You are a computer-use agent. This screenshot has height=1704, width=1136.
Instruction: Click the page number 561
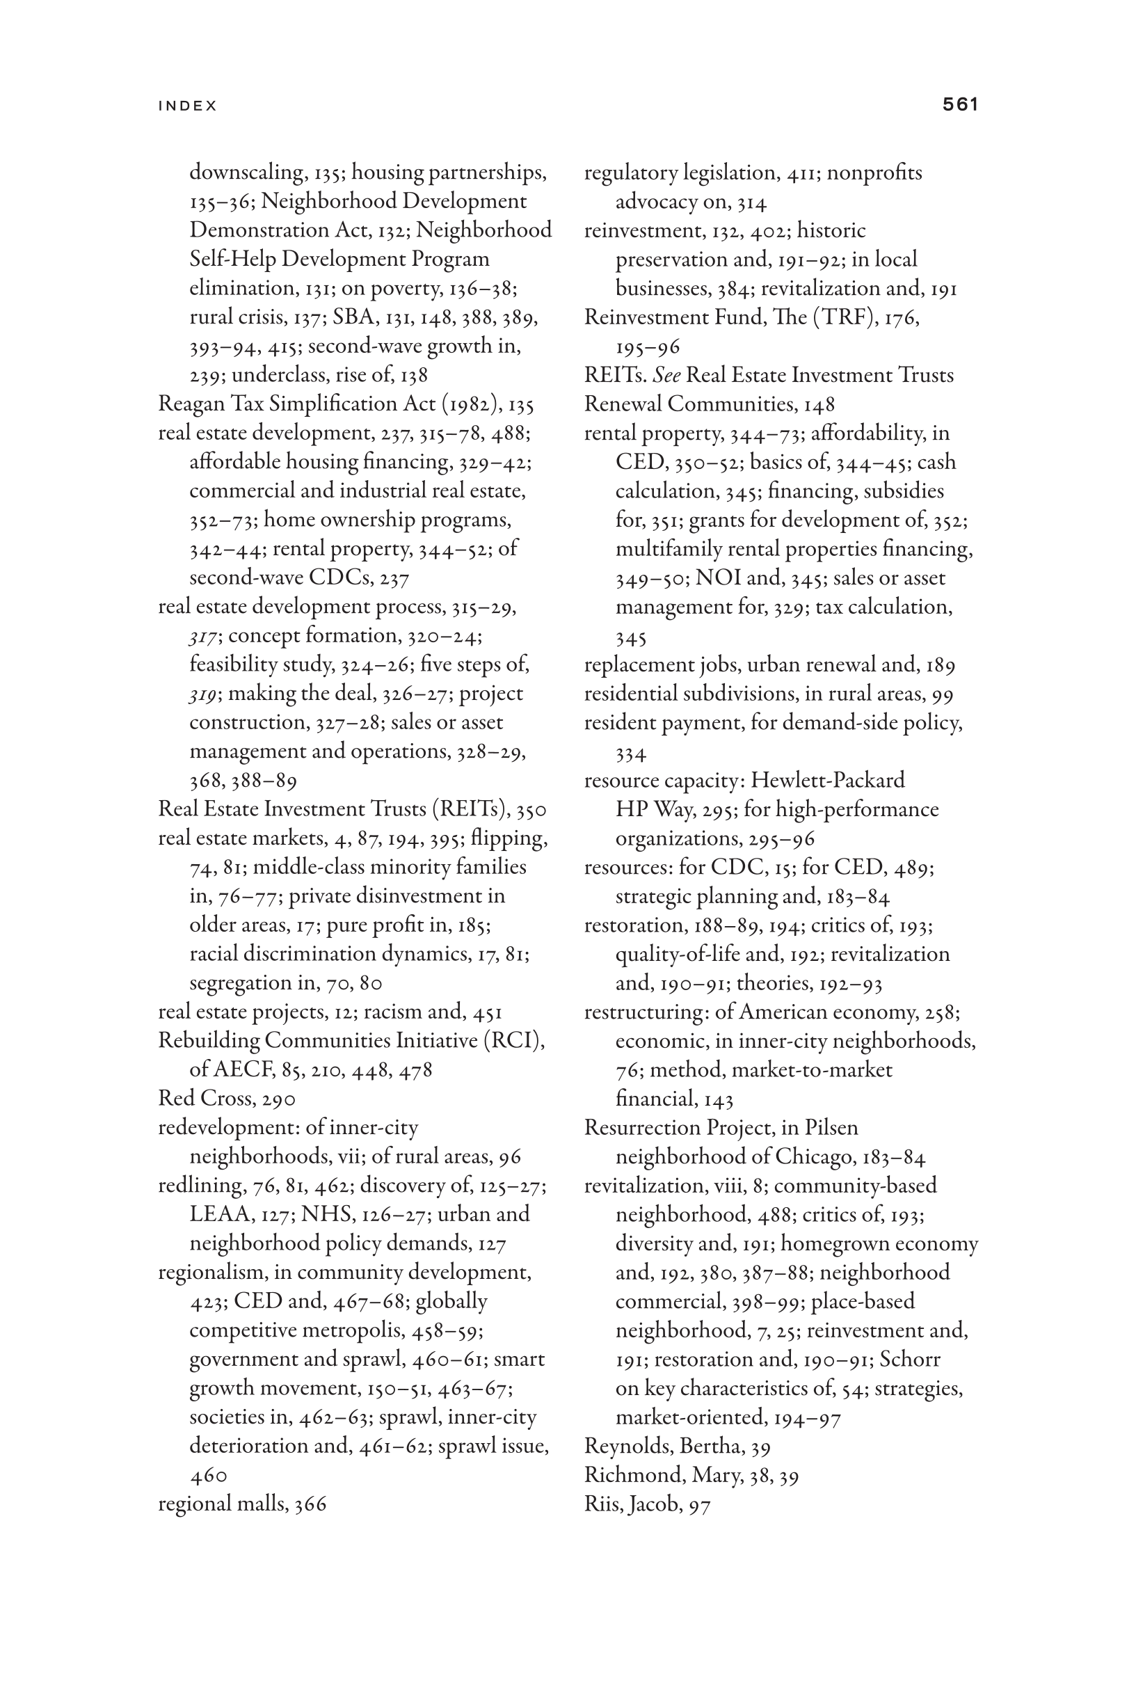[960, 105]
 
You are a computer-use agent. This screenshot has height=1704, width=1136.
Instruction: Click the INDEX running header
[188, 106]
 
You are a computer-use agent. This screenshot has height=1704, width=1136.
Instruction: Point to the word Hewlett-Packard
[827, 780]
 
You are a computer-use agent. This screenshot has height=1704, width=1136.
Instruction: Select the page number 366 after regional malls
[310, 1504]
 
